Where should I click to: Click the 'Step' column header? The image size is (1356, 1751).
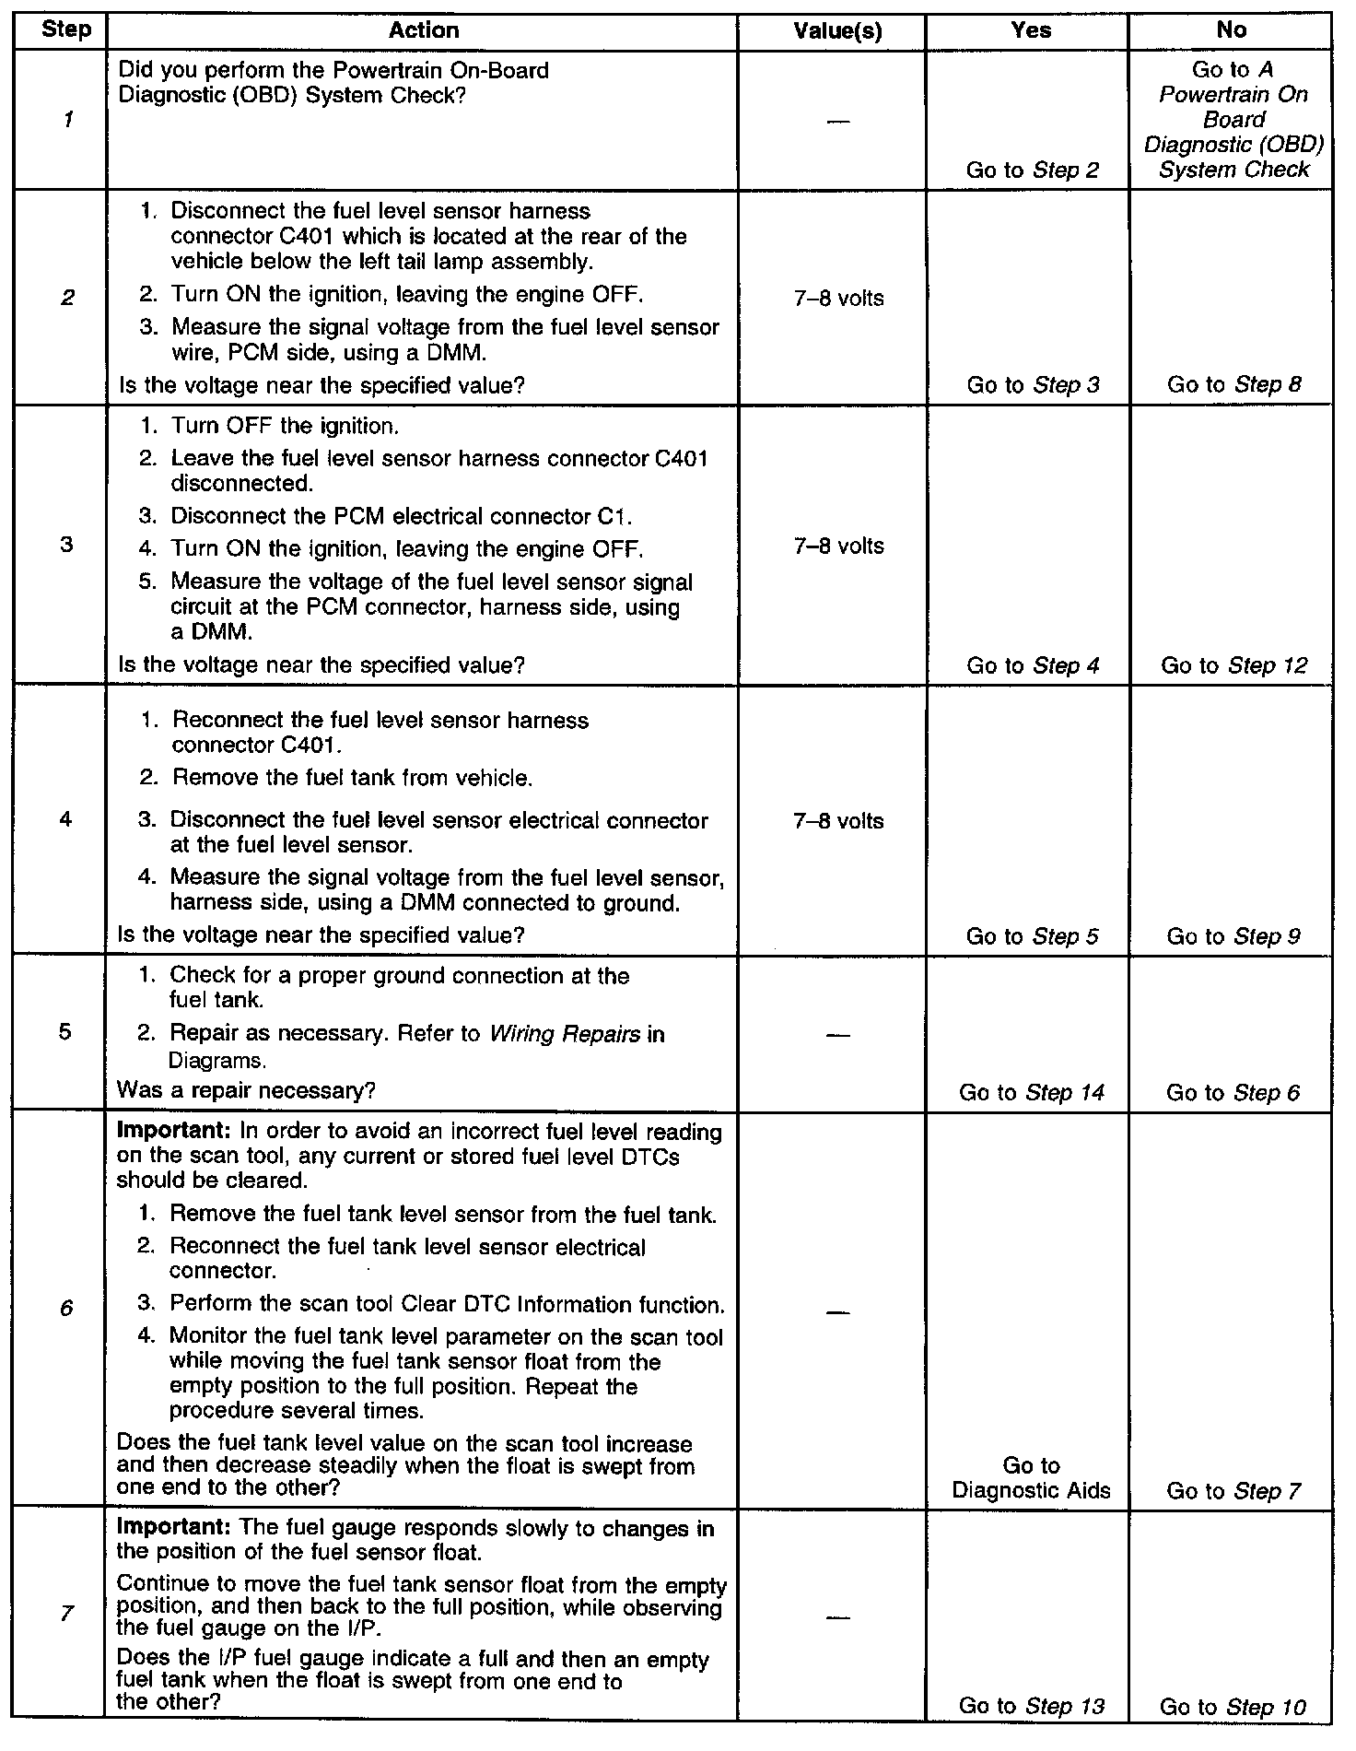(66, 29)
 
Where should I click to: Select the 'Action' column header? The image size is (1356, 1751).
(424, 30)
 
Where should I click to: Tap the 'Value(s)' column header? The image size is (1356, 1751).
(837, 30)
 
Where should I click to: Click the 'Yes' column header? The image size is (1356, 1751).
(1031, 30)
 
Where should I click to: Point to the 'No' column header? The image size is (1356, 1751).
(1231, 30)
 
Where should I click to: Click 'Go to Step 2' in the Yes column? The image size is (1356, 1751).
(1033, 170)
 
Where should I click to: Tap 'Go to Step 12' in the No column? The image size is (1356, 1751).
(1234, 665)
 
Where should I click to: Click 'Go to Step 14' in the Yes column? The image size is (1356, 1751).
(1032, 1093)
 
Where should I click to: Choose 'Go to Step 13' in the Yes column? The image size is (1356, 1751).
(1032, 1705)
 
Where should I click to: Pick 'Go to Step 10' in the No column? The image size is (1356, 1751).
(1233, 1707)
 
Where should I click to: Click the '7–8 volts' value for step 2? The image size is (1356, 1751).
(838, 299)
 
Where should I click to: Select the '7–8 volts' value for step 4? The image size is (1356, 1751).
(838, 821)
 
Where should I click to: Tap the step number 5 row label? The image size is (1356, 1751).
(64, 1031)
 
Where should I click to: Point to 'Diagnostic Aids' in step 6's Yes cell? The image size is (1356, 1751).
(1032, 1491)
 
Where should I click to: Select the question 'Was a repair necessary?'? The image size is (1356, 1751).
(246, 1091)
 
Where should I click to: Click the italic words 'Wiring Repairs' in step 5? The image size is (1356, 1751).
(564, 1034)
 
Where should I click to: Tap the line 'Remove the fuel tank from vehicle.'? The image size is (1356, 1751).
(353, 778)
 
